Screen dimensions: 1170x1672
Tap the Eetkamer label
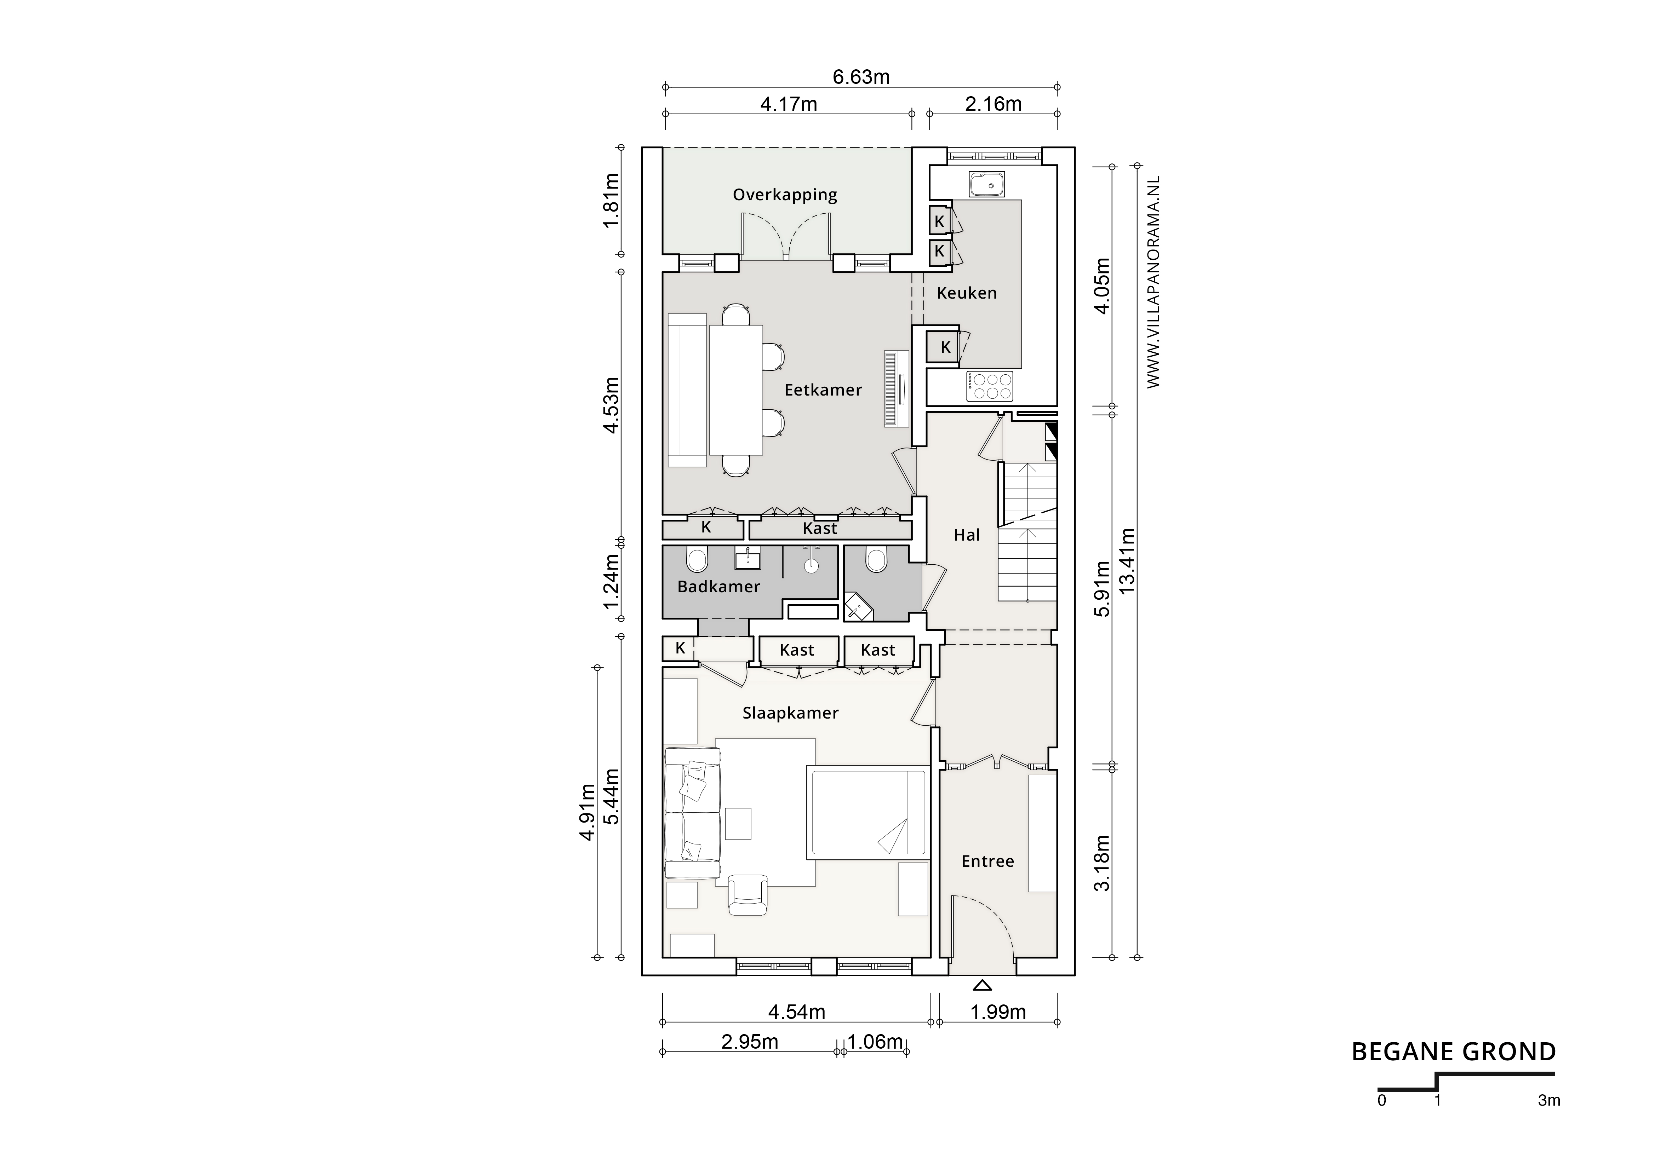click(x=823, y=390)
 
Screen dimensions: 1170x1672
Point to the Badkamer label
click(x=718, y=587)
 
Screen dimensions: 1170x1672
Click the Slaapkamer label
click(x=790, y=714)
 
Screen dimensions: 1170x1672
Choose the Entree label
click(x=987, y=861)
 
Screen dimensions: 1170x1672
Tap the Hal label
click(x=966, y=535)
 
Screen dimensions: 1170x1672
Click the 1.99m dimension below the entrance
click(x=998, y=1012)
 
